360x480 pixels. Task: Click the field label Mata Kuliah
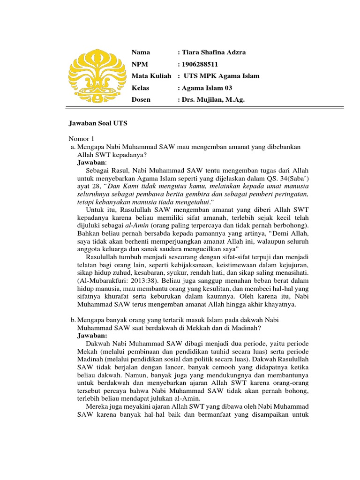151,76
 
